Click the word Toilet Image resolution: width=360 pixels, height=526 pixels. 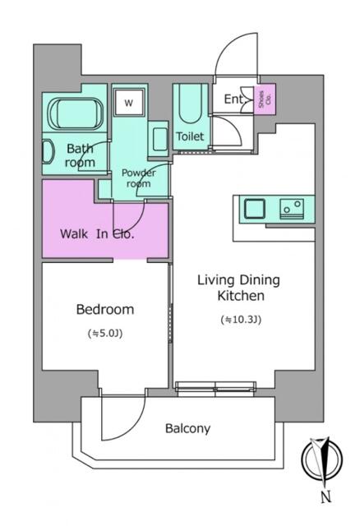pyautogui.click(x=190, y=136)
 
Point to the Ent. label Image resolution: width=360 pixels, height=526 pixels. pyautogui.click(x=233, y=99)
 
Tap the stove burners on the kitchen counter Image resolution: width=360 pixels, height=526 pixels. pyautogui.click(x=291, y=208)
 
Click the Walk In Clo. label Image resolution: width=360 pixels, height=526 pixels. pyautogui.click(x=97, y=233)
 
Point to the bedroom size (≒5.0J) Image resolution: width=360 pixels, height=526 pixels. pyautogui.click(x=104, y=334)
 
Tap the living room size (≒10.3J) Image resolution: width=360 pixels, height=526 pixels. pyautogui.click(x=240, y=319)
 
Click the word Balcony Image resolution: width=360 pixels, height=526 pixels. pyautogui.click(x=188, y=428)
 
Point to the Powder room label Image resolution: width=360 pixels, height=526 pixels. pyautogui.click(x=138, y=178)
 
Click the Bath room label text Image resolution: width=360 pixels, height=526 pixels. pyautogui.click(x=81, y=155)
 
